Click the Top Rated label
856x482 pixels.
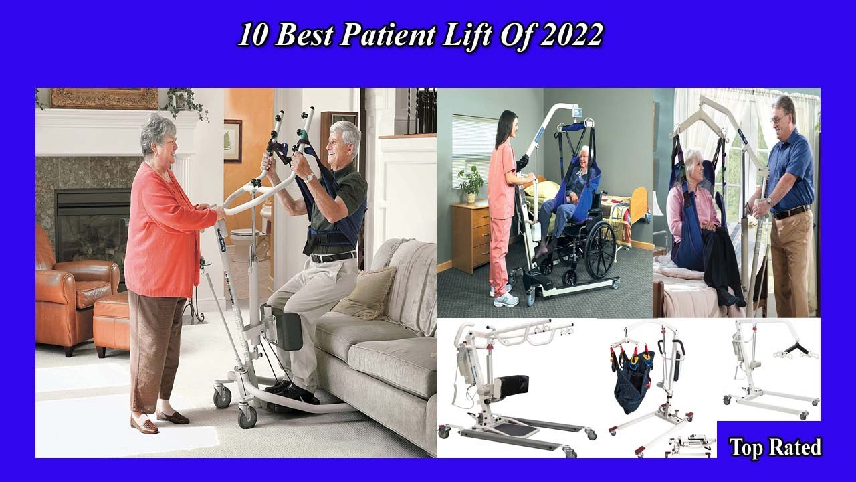[775, 447]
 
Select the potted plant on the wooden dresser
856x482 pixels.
[471, 181]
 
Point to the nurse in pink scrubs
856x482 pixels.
[502, 201]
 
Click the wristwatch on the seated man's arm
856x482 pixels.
[308, 177]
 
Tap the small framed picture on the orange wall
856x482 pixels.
[233, 141]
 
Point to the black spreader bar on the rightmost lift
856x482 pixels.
[796, 347]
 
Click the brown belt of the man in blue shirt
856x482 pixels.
[791, 213]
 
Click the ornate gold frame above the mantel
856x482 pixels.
[104, 98]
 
